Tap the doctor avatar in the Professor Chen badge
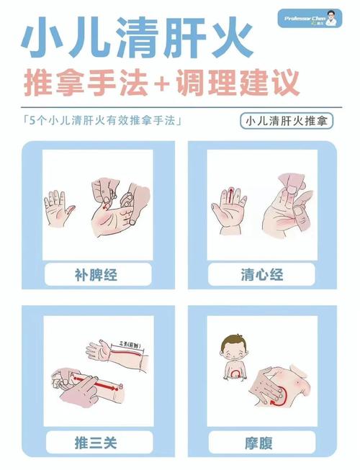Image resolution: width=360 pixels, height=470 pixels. pyautogui.click(x=330, y=17)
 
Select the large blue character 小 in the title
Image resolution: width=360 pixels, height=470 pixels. pyautogui.click(x=47, y=39)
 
